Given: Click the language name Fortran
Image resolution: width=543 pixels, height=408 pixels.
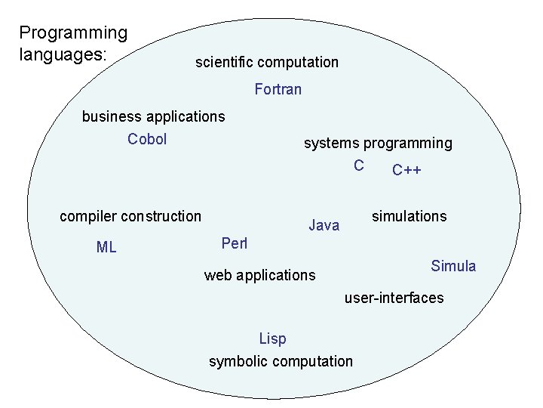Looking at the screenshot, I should point(278,90).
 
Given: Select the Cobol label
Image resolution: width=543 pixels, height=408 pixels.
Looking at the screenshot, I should point(147,139).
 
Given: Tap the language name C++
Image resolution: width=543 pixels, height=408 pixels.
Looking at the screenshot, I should point(406,170).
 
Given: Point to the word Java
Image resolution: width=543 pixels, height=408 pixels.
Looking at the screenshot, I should point(324,225).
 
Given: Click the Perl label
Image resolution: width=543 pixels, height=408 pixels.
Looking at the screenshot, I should point(235,243).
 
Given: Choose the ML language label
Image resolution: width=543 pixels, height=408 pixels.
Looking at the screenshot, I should point(106,247).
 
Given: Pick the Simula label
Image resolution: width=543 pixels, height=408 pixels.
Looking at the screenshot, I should point(453,266).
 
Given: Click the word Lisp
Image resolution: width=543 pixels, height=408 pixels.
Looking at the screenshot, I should point(272,338).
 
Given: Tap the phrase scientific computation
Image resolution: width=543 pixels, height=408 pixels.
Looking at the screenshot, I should point(267,62).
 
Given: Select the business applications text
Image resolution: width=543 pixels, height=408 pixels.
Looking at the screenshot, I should point(153,116).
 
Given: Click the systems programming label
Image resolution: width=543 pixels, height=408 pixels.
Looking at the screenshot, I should point(378,143).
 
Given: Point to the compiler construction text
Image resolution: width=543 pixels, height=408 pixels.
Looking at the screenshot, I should point(130,216).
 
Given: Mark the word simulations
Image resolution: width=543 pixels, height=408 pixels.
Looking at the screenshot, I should point(409,216).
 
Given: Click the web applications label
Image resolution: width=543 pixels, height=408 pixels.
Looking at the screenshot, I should point(259,275).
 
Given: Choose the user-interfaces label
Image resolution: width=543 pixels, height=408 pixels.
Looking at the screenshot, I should point(394,298).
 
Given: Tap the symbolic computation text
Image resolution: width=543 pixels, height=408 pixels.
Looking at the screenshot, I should point(281,361).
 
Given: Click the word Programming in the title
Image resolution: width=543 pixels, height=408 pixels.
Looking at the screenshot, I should point(73,33).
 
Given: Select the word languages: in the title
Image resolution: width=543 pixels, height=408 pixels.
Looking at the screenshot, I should point(63,55).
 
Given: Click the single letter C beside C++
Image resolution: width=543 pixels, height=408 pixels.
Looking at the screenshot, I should point(359,165).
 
